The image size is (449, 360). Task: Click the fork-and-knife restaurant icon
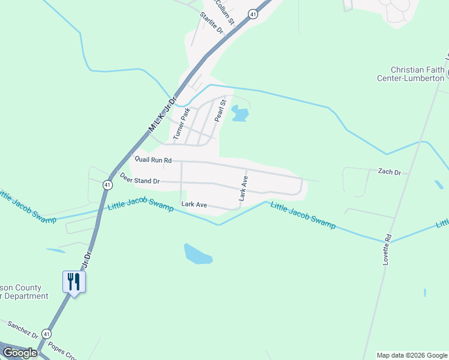(74, 281)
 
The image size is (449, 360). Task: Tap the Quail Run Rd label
(153, 160)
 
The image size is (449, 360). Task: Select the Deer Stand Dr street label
(139, 179)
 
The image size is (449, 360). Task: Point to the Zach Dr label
(389, 172)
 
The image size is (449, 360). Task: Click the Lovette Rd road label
(387, 249)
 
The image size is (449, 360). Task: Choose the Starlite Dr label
(211, 23)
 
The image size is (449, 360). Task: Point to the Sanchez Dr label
(23, 329)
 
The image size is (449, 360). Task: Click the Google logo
(20, 353)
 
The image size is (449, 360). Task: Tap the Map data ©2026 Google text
(411, 355)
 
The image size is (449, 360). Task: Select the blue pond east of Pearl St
(240, 113)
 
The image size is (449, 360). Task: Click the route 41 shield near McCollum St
(254, 14)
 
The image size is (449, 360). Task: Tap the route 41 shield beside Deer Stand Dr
(106, 185)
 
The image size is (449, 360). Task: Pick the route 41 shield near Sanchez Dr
(47, 334)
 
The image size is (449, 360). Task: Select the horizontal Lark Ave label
(194, 205)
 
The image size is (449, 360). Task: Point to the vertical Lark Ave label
(243, 188)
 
